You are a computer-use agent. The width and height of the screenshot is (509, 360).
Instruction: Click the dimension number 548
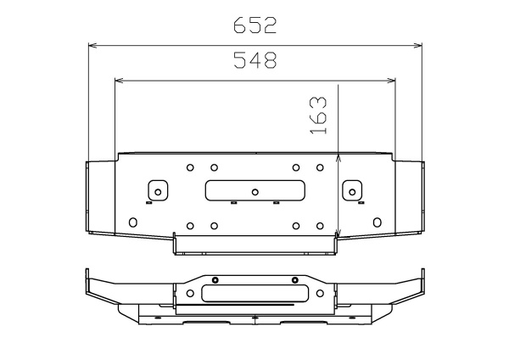click(255, 60)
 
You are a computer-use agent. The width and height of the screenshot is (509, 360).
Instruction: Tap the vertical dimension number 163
click(318, 115)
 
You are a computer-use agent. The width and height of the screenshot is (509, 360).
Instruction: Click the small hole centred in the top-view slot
click(255, 191)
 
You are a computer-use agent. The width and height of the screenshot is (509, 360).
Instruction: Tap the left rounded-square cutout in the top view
click(156, 190)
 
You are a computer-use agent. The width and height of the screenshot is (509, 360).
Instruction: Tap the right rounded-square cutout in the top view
click(351, 190)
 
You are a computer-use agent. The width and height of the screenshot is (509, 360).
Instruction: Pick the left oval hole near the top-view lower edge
click(131, 222)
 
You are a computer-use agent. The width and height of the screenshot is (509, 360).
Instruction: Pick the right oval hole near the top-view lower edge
click(377, 222)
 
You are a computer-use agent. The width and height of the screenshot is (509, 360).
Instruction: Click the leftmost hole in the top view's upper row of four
click(190, 167)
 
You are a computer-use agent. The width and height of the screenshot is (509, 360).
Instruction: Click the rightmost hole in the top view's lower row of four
click(318, 226)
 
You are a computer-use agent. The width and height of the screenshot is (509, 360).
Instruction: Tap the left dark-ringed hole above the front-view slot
click(215, 280)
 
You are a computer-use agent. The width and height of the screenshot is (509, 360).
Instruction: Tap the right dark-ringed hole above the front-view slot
click(295, 280)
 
